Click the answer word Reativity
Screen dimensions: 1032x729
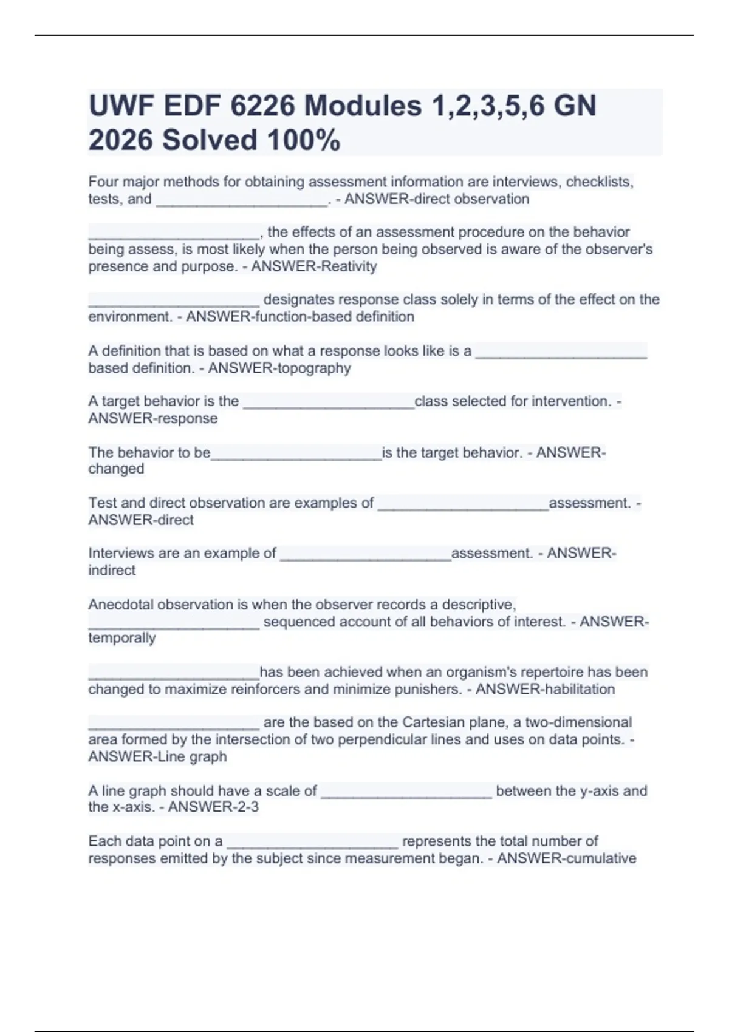(x=345, y=266)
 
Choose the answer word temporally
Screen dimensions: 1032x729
(x=122, y=638)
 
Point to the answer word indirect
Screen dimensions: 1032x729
(x=112, y=571)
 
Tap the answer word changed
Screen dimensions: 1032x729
(x=116, y=469)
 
